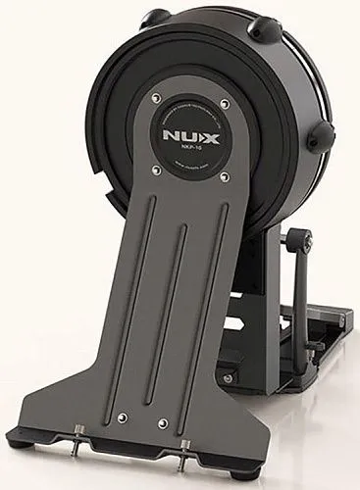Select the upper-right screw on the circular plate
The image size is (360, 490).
[225, 100]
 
